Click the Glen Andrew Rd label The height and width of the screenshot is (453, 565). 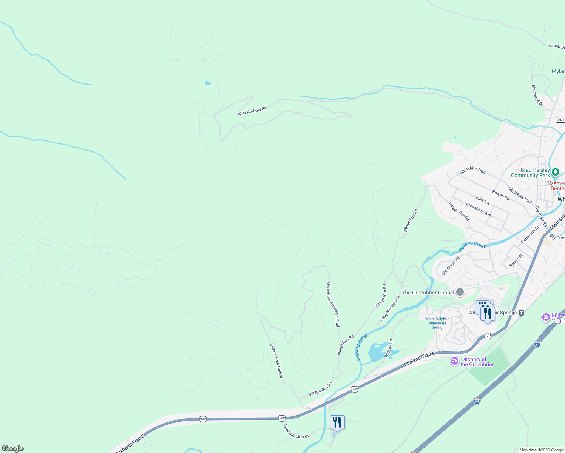[x=252, y=111]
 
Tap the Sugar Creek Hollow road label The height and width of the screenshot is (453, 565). [x=276, y=361]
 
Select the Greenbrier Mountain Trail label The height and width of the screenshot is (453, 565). [x=333, y=304]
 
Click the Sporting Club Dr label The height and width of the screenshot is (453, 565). [x=296, y=431]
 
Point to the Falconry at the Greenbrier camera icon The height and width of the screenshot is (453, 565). [x=455, y=361]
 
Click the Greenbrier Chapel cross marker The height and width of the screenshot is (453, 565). [x=460, y=292]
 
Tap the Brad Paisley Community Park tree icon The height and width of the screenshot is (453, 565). [x=555, y=172]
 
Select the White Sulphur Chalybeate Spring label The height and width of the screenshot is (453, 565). [x=437, y=323]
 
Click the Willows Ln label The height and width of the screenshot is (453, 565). [x=389, y=348]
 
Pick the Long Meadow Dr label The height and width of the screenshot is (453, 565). [x=389, y=308]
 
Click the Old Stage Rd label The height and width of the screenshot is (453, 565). [x=451, y=266]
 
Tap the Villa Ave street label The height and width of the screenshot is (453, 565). [x=483, y=200]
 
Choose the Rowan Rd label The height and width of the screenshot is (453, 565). [x=501, y=195]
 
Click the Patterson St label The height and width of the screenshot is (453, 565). [x=530, y=234]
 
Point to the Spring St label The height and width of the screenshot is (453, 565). [x=516, y=260]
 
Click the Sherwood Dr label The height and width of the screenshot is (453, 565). [x=537, y=95]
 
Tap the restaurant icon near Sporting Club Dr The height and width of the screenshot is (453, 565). [x=337, y=422]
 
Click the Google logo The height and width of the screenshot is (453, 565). [x=13, y=448]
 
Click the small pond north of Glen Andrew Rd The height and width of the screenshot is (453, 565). [x=208, y=83]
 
